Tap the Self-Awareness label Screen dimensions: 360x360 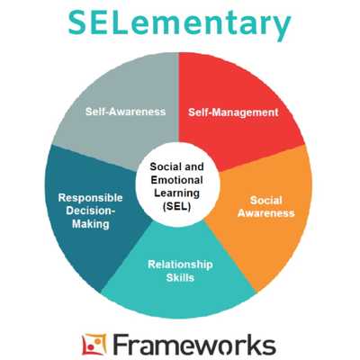(125, 112)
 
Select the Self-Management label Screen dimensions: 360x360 (233, 112)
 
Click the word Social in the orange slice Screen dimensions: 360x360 (266, 200)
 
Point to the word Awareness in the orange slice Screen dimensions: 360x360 (266, 213)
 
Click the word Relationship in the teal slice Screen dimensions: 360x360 (180, 265)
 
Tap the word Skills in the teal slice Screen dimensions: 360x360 (180, 277)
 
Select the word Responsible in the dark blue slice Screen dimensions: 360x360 (90, 198)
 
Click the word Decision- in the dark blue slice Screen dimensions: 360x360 (91, 211)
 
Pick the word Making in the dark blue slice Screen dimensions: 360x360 (91, 224)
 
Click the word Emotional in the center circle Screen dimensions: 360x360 (176, 180)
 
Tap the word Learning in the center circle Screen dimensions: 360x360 (176, 193)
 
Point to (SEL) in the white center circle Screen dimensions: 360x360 (176, 206)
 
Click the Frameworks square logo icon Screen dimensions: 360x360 (94, 345)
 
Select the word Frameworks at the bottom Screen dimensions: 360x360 (194, 345)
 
